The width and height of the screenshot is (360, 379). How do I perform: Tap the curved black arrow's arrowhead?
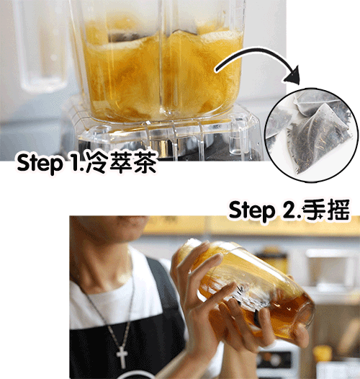click(x=293, y=75)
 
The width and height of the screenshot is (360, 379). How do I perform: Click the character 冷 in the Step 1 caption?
click(x=96, y=162)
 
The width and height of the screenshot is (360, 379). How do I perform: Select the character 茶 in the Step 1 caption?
click(x=145, y=162)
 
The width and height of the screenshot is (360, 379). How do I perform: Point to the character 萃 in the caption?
click(x=121, y=162)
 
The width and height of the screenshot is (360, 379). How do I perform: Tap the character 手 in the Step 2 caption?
click(x=314, y=210)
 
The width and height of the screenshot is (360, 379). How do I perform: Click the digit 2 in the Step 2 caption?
click(x=289, y=210)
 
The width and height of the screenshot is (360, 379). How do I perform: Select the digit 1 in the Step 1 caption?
click(x=76, y=162)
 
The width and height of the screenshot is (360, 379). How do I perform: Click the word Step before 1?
click(x=40, y=164)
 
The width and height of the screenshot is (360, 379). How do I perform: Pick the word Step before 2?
click(x=252, y=211)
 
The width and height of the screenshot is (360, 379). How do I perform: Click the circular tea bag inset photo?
click(x=312, y=135)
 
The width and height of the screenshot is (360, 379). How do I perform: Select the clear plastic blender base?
click(x=167, y=135)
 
